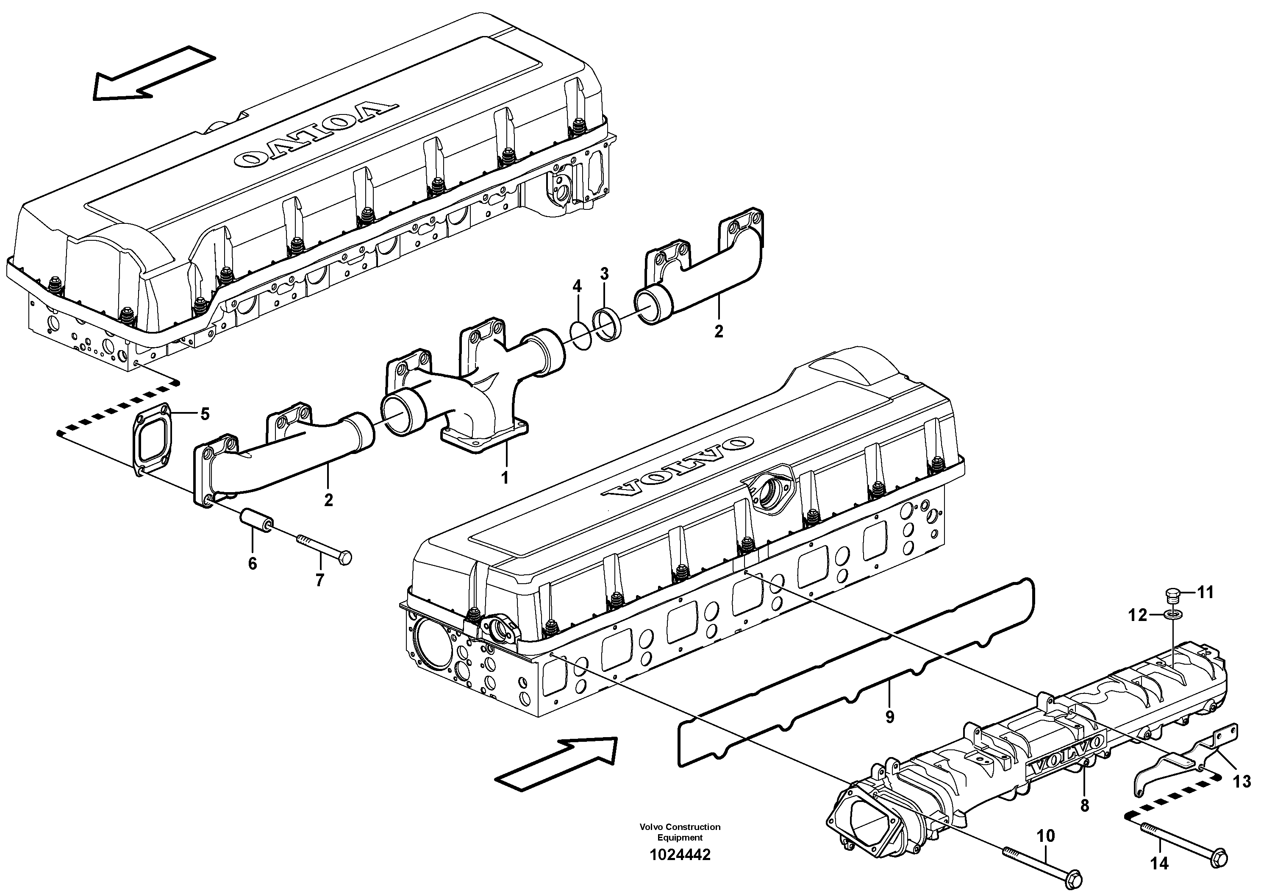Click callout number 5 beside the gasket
tap(204, 414)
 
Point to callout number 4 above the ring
tap(577, 286)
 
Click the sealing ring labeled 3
tap(607, 325)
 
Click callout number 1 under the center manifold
tap(504, 477)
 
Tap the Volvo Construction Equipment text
tap(680, 832)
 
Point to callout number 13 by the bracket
tap(1242, 781)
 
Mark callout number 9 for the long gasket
tap(890, 716)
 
